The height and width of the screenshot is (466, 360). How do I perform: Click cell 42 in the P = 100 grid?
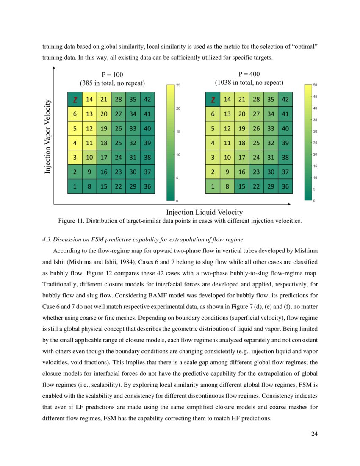147,100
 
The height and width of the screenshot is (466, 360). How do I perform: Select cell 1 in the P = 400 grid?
212,186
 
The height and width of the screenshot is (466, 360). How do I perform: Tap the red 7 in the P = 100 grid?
75,100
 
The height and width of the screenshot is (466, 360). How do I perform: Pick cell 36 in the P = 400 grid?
285,186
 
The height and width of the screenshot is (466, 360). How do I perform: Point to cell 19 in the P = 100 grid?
104,128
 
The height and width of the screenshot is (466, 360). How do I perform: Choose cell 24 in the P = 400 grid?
256,157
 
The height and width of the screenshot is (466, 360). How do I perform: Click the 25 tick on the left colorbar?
178,86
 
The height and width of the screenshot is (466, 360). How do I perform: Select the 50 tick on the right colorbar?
315,85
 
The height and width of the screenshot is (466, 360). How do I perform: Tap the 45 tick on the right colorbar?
315,97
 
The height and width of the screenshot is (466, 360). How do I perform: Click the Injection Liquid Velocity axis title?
204,212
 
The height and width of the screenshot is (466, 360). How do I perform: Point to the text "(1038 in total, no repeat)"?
249,82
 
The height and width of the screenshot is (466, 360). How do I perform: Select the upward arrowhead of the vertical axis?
54,68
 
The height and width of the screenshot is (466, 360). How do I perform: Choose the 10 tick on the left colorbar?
178,155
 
